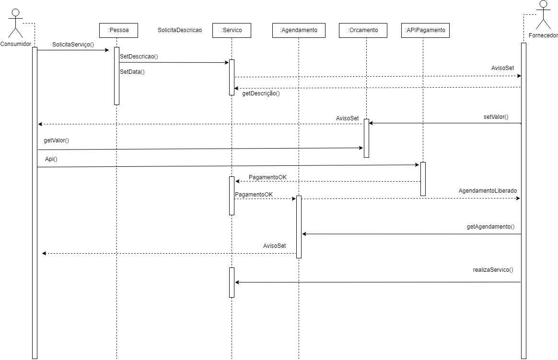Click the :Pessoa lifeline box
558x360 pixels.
click(x=116, y=30)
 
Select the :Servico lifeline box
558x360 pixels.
click(x=232, y=30)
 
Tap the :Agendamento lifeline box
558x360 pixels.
click(x=299, y=30)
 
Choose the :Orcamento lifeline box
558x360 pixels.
click(x=366, y=30)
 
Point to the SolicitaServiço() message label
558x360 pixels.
click(x=73, y=44)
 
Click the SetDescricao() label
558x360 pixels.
click(x=139, y=57)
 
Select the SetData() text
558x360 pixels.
click(x=132, y=72)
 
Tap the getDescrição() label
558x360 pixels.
click(x=261, y=94)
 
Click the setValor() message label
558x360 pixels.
click(x=496, y=117)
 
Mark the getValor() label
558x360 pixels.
click(x=57, y=140)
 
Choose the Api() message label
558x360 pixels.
click(x=51, y=159)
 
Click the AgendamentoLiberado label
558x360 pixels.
click(x=488, y=191)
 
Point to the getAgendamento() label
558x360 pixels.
click(x=490, y=226)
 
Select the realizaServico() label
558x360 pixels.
click(x=493, y=270)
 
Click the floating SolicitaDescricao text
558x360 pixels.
click(x=180, y=30)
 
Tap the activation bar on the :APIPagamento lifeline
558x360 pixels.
click(x=423, y=179)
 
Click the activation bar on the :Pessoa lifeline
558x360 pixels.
click(x=116, y=76)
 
